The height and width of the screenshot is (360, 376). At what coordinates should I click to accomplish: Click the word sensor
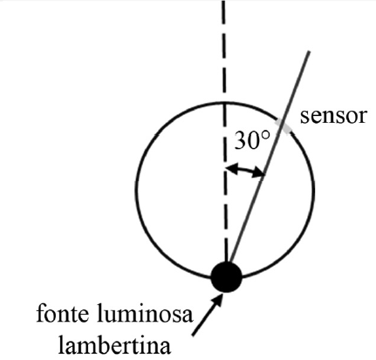pyautogui.click(x=332, y=117)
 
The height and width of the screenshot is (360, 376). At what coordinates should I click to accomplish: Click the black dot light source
pyautogui.click(x=226, y=276)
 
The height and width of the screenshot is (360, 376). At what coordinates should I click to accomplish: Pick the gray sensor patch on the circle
pyautogui.click(x=283, y=126)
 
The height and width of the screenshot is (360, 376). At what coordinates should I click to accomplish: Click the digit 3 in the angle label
pyautogui.click(x=240, y=140)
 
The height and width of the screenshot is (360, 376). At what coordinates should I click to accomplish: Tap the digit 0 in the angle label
pyautogui.click(x=254, y=140)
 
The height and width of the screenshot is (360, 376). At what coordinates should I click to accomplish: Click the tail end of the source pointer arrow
pyautogui.click(x=193, y=335)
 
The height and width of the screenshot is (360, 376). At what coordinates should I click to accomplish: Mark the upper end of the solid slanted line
pyautogui.click(x=309, y=51)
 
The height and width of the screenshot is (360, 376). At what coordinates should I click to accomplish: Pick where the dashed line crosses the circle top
pyautogui.click(x=223, y=103)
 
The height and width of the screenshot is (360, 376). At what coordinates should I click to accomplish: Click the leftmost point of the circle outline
pyautogui.click(x=137, y=190)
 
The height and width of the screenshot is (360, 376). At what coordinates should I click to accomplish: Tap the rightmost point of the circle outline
pyautogui.click(x=314, y=190)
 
